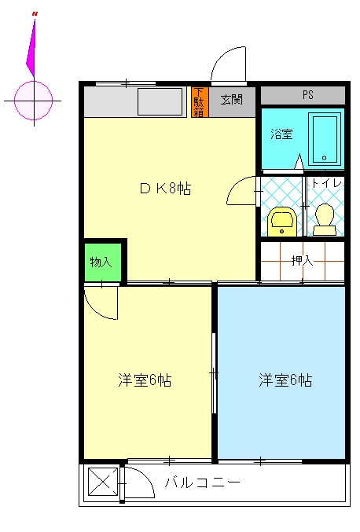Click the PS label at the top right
pos(308,94)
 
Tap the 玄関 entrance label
pos(232,100)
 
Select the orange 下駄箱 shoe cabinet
pos(200,102)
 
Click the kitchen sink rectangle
pos(160,101)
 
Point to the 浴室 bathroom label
pos(281,134)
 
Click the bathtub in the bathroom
pos(325,139)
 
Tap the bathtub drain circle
pos(325,158)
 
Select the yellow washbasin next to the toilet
pos(281,222)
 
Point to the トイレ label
pos(326,184)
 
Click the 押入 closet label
pos(302,261)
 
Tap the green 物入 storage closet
pos(102,262)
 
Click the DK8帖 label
pos(165,189)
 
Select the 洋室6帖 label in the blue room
pos(285,380)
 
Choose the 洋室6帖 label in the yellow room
pos(145,380)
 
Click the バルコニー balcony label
pos(203,482)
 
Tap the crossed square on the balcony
pos(103,482)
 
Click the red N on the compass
pos(35,13)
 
